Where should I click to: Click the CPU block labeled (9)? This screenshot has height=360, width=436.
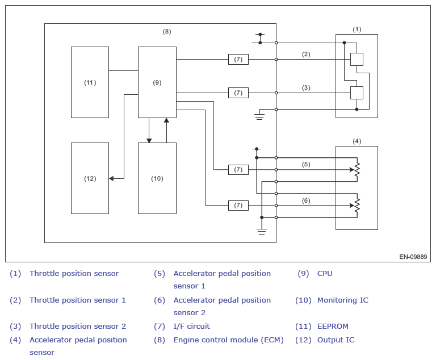tap(157, 82)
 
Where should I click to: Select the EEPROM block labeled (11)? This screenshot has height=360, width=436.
tap(90, 82)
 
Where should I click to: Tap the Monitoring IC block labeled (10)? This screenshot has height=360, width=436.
tap(157, 178)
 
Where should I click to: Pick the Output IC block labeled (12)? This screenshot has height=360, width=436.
tap(90, 178)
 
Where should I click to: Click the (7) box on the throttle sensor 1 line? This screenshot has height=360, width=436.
tap(238, 59)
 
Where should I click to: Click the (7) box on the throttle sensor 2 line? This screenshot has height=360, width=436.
tap(238, 93)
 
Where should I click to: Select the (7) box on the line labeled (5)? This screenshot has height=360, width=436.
tap(238, 169)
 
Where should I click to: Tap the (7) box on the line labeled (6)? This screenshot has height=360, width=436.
tap(238, 206)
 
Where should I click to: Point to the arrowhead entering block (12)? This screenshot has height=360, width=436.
tap(111, 178)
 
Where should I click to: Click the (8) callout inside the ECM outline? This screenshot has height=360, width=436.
tap(167, 31)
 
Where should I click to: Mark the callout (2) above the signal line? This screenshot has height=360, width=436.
tap(306, 55)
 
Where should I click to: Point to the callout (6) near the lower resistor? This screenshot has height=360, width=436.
tap(306, 200)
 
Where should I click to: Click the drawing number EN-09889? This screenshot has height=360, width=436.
tap(413, 257)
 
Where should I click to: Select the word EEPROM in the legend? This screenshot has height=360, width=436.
tap(333, 326)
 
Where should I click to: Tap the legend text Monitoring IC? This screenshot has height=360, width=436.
tap(342, 300)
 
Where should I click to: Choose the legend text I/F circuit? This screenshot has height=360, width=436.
tap(191, 326)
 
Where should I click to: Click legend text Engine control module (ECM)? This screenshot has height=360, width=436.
tap(228, 340)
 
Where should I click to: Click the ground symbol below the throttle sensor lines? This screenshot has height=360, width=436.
tap(259, 116)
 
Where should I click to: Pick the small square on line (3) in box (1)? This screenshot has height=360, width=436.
tap(357, 93)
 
